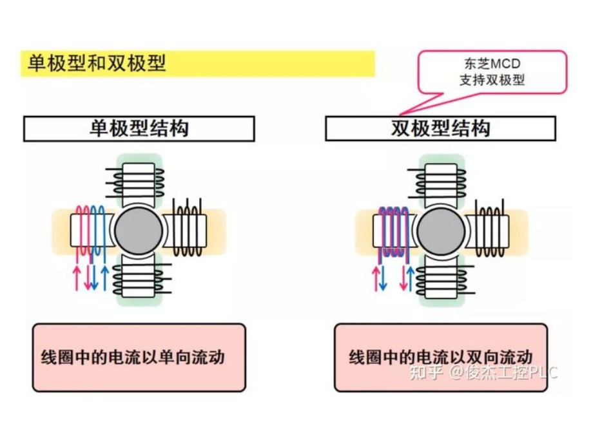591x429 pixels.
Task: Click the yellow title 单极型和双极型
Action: [x=97, y=64]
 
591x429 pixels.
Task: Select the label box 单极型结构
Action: [x=139, y=129]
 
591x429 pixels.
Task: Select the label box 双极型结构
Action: [x=440, y=129]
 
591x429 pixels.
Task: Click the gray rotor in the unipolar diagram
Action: [x=137, y=230]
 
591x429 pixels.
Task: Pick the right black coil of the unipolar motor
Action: [x=187, y=229]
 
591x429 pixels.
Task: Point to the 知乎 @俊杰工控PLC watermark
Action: [x=483, y=372]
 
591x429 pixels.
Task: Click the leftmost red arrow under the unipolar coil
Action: [x=77, y=276]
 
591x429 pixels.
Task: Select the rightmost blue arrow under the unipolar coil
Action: [x=104, y=276]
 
